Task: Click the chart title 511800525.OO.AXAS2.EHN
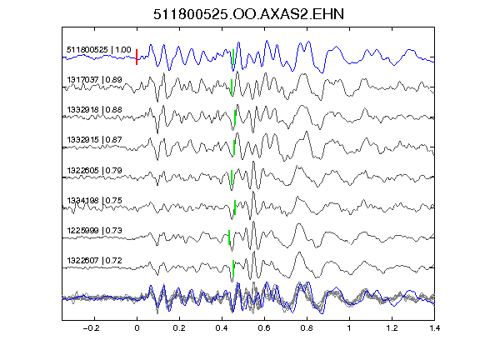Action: point(248,14)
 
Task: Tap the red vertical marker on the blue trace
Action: point(137,57)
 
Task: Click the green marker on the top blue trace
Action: point(233,57)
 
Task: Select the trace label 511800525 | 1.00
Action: point(99,50)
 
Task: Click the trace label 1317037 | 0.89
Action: point(94,80)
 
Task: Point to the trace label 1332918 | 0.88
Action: point(94,110)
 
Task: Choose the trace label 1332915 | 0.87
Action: point(94,140)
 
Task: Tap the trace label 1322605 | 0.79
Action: point(94,170)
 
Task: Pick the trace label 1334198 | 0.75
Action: point(94,201)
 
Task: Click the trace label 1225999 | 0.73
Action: point(94,231)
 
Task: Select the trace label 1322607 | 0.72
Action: point(94,261)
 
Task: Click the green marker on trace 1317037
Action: point(232,87)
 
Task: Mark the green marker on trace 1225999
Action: point(229,237)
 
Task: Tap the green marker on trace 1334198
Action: point(235,207)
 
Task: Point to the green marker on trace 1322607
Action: point(233,267)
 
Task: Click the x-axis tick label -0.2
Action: point(92,328)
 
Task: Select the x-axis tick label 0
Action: point(137,328)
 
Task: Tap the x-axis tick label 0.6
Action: point(264,328)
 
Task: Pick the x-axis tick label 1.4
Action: point(435,328)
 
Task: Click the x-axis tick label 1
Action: point(349,328)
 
